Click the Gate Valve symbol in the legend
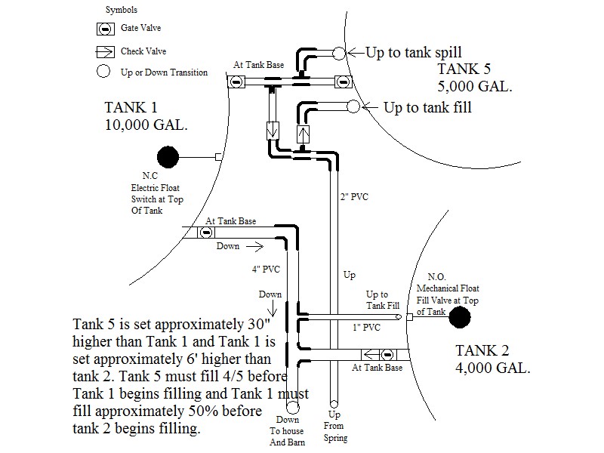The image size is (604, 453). pos(108,28)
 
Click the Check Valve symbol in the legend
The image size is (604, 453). pos(108,52)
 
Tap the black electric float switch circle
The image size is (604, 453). pos(167,157)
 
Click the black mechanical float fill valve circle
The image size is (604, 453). pos(458,318)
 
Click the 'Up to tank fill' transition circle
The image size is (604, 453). pos(352,107)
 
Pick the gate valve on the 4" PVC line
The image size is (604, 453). pos(205,233)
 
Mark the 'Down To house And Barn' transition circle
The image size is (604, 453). pos(292,407)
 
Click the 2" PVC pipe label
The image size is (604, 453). pos(354,199)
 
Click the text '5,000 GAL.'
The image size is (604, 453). pos(475,86)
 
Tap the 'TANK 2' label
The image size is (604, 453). pos(483,351)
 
